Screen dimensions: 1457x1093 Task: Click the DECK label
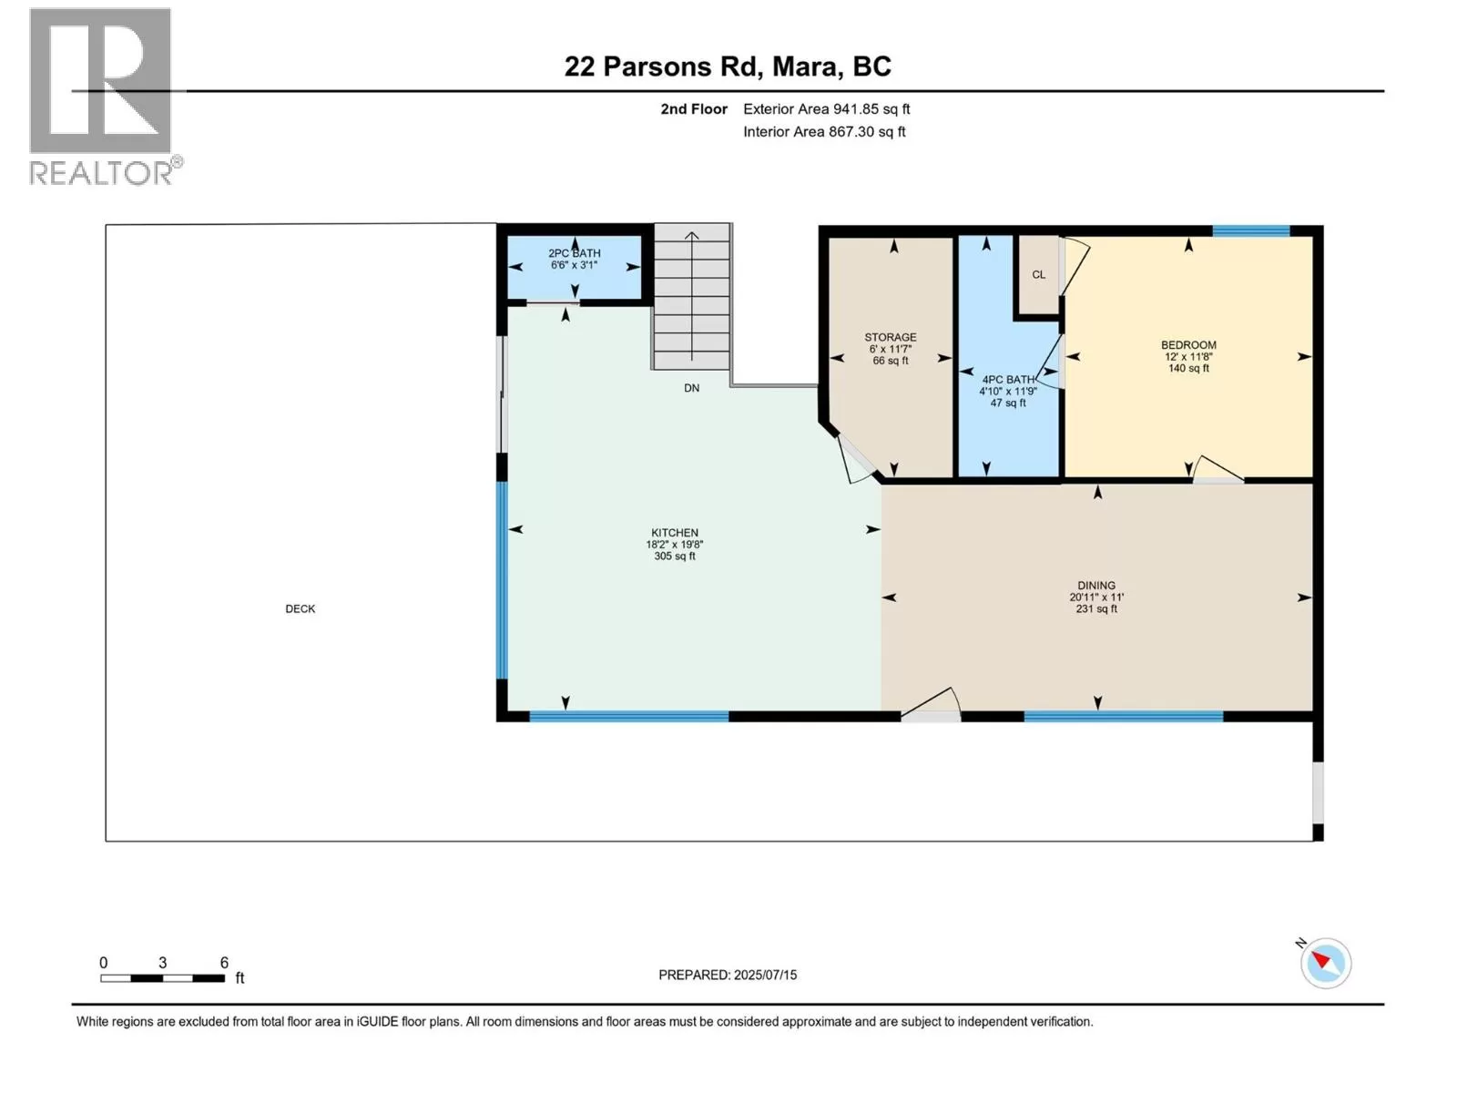click(x=300, y=608)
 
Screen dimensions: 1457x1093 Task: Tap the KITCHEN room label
click(x=675, y=533)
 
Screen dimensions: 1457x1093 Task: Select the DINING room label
click(x=1095, y=586)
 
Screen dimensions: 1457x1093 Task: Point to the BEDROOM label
click(x=1188, y=345)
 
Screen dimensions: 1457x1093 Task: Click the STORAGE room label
click(x=890, y=337)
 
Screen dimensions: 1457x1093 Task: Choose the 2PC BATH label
click(x=575, y=253)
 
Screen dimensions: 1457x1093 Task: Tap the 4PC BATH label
click(x=1008, y=380)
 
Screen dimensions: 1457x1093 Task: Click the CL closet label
click(x=1039, y=275)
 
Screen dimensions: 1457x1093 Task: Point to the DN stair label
click(x=692, y=388)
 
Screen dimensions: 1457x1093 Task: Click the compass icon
click(x=1325, y=963)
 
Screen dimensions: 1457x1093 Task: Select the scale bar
click(x=163, y=978)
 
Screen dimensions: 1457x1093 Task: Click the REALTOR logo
click(x=105, y=97)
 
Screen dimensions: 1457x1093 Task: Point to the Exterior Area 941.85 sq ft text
click(x=827, y=108)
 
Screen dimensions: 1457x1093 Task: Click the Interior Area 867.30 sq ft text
click(x=824, y=131)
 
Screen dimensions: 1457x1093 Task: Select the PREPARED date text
click(x=728, y=975)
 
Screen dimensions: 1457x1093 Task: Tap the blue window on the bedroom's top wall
click(x=1250, y=231)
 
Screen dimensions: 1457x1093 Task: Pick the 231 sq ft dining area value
click(x=1095, y=608)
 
